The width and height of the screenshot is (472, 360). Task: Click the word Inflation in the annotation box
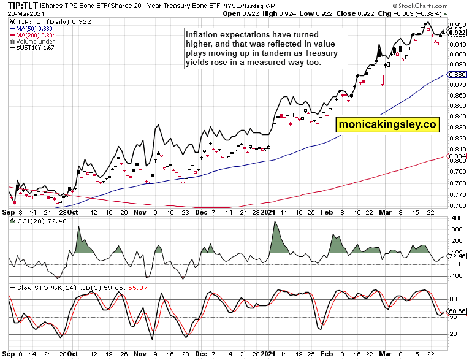205,35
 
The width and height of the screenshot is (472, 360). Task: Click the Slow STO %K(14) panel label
40,286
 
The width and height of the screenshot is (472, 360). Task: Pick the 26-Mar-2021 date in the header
23,13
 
